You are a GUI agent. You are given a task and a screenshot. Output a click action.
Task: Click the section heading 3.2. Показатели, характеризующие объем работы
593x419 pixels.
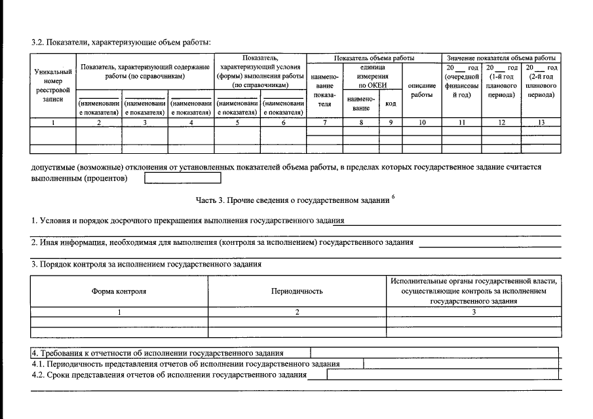[x=121, y=43]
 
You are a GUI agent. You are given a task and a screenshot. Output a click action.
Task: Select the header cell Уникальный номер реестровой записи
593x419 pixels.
[x=53, y=85]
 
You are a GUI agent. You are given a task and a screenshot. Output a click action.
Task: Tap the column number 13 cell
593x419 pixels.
[x=541, y=122]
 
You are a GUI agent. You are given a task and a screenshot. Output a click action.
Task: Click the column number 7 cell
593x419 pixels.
[x=324, y=122]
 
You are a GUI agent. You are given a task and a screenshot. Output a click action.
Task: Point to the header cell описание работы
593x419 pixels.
[x=421, y=90]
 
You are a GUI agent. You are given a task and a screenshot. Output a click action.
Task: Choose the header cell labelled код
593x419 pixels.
[x=390, y=104]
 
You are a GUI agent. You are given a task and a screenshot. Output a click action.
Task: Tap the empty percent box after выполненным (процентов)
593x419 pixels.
[x=183, y=178]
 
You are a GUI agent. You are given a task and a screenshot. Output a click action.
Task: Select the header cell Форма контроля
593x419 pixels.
[x=119, y=291]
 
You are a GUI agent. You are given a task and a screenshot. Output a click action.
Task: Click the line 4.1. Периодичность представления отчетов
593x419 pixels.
[x=186, y=363]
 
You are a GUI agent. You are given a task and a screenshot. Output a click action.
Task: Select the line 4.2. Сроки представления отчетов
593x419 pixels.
[x=170, y=374]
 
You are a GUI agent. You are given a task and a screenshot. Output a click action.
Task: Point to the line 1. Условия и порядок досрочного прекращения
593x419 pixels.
[x=187, y=221]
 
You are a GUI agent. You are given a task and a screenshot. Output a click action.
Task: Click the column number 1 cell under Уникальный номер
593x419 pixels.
[x=53, y=122]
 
